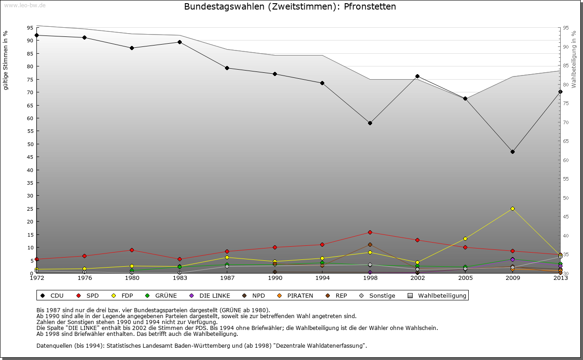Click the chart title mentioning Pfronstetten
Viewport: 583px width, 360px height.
[x=290, y=7]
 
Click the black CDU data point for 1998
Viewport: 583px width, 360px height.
[x=370, y=123]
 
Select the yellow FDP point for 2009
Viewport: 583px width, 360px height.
[x=512, y=208]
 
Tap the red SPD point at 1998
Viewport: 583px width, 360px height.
[x=370, y=233]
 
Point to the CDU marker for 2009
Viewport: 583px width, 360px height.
[x=512, y=152]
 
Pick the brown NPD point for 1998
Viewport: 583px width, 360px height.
[x=370, y=245]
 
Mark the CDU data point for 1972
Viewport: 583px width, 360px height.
[x=37, y=35]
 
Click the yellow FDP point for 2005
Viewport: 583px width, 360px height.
[x=465, y=238]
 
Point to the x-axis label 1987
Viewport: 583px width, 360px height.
[x=227, y=278]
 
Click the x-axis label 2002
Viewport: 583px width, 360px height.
[x=417, y=278]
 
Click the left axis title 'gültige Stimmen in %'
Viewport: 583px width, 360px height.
[x=6, y=61]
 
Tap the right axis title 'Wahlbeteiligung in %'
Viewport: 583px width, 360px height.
[x=574, y=60]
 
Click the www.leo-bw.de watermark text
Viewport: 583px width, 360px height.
[x=25, y=5]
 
